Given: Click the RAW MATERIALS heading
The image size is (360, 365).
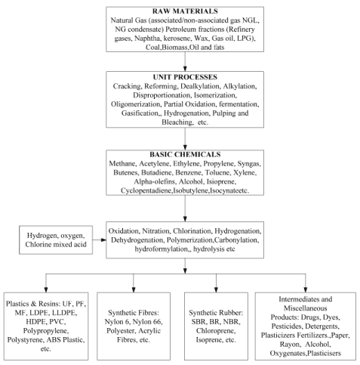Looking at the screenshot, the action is tap(185, 11).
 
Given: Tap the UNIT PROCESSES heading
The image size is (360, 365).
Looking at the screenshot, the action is tap(185, 77).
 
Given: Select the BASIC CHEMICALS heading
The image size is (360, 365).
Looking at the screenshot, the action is tap(185, 154).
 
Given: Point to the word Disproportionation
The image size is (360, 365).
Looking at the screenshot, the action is tap(162, 95).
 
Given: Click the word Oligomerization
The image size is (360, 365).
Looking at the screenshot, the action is tap(135, 104).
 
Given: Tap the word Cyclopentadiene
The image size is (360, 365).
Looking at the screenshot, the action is tap(146, 190).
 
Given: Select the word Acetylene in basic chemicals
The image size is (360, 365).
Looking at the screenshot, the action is tap(154, 164).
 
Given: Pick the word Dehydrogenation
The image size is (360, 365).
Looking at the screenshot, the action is tap(137, 240).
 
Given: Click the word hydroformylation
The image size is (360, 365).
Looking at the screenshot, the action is tap(162, 249).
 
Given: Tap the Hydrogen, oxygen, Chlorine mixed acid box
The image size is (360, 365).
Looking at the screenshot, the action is tap(56, 240).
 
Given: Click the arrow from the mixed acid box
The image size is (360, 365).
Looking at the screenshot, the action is tap(100, 240).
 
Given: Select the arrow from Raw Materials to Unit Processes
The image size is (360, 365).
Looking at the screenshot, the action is tap(185, 61).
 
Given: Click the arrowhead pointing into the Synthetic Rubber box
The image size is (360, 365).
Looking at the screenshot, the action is tap(216, 289).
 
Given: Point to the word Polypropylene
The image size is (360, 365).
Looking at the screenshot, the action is tap(46, 331).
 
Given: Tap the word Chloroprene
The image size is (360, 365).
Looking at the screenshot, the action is tap(216, 331).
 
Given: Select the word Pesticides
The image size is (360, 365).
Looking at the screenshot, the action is tap(287, 326).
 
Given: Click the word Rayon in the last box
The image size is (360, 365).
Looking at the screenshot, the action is tap(290, 345).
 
